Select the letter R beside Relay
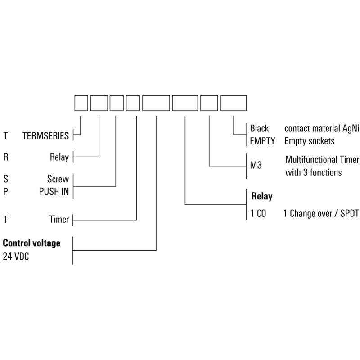tap(5, 157)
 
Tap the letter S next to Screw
tap(5, 179)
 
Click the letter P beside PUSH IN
tap(5, 191)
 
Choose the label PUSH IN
tap(54, 191)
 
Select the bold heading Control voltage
tap(31, 243)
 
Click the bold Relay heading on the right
tap(261, 197)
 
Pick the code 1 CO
tap(258, 214)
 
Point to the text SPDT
tap(349, 214)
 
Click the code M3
tap(255, 166)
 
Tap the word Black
tap(259, 129)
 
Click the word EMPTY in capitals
tap(262, 141)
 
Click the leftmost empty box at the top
tap(81, 103)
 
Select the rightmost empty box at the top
tap(233, 103)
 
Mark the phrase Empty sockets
tap(309, 141)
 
